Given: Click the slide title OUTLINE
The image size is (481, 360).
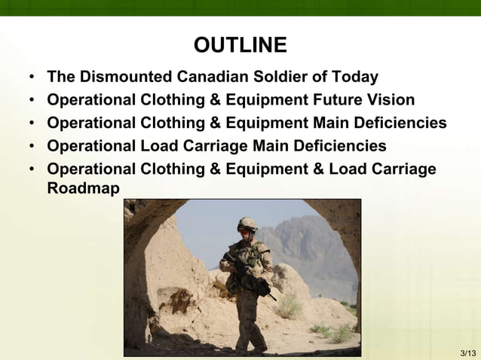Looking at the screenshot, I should pos(240,46).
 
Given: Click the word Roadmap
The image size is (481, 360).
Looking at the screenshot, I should pos(83,188).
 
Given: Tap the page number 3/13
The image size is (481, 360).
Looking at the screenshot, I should pos(467,352).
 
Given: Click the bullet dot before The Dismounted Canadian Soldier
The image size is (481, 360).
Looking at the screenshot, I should pos(32,78).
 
